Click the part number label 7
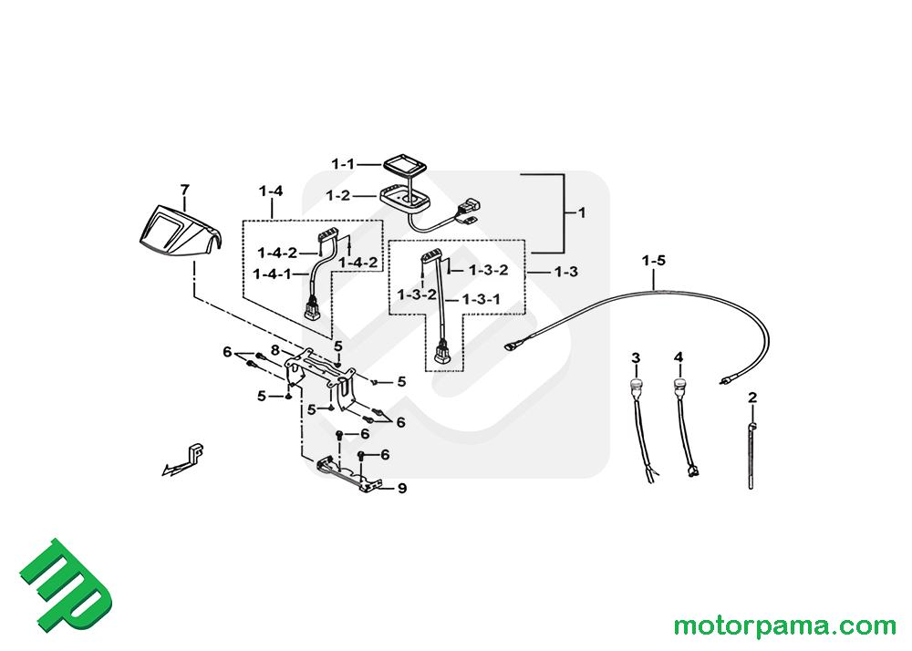[x=185, y=190]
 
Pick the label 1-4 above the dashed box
[x=271, y=191]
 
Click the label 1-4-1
[x=275, y=274]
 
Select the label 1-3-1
[x=482, y=299]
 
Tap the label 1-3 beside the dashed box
[x=565, y=272]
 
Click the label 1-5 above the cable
[x=654, y=261]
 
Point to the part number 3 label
[x=636, y=356]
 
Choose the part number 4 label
[x=679, y=356]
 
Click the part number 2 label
[x=752, y=398]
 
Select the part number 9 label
[x=402, y=489]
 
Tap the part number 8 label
[x=274, y=349]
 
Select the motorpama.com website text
[x=784, y=626]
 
